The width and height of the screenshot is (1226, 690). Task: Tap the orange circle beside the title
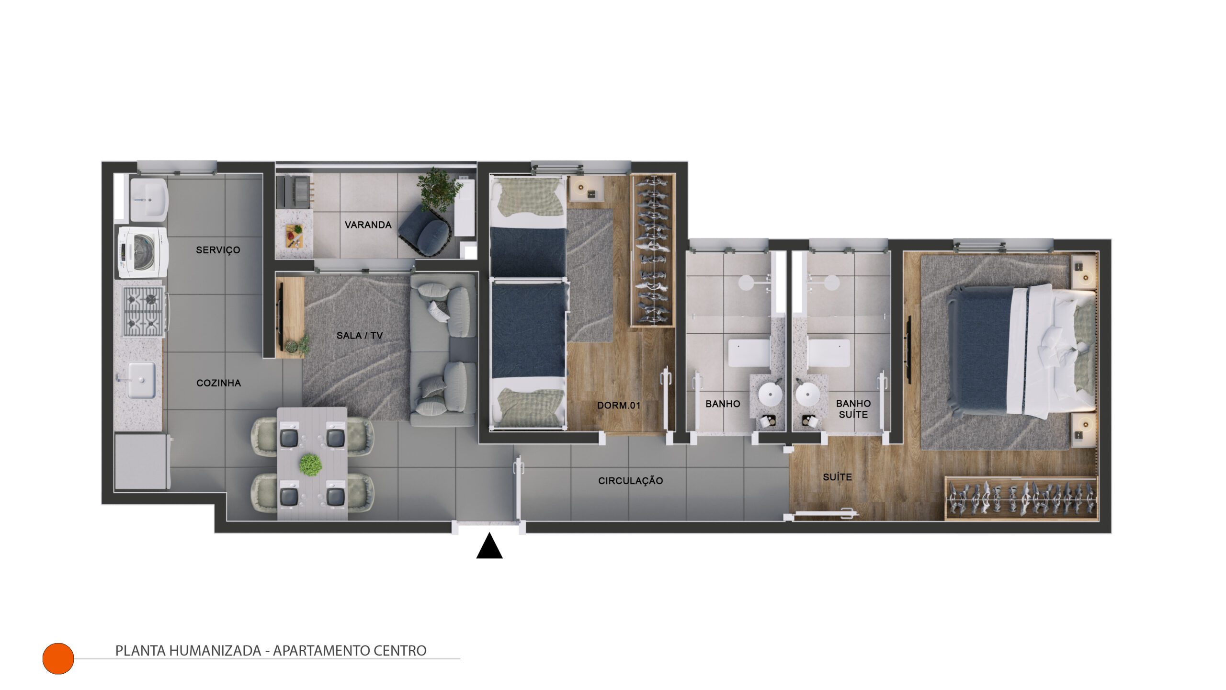[x=58, y=658]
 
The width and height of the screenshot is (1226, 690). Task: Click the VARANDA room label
[x=368, y=225]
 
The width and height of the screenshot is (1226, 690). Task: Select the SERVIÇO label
[x=218, y=250]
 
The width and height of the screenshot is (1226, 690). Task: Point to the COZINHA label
[x=218, y=383]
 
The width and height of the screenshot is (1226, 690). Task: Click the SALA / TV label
[x=360, y=336]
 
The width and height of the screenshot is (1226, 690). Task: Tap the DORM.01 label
[x=619, y=406]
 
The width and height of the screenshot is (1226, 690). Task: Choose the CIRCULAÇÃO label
[x=630, y=481]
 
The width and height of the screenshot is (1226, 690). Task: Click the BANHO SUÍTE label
[x=853, y=409]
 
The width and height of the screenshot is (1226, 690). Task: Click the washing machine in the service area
[x=143, y=252]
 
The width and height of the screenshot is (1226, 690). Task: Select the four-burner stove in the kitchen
[x=144, y=311]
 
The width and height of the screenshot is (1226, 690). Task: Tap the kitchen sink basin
[x=141, y=380]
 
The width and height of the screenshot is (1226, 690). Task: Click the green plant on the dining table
[x=311, y=464]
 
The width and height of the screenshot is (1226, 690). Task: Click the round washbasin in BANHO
[x=770, y=395]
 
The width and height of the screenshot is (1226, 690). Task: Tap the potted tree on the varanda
[x=439, y=189]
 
